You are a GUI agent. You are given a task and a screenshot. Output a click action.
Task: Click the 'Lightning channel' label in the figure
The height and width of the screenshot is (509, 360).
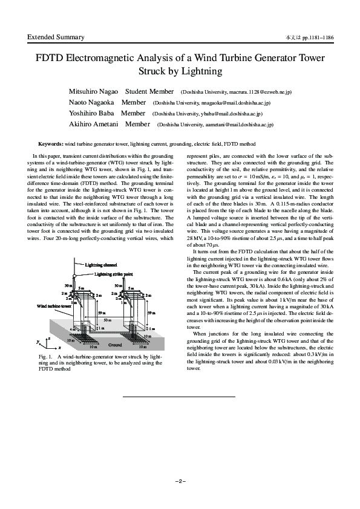101,265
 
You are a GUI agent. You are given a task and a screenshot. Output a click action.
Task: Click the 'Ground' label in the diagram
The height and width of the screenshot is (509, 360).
114,345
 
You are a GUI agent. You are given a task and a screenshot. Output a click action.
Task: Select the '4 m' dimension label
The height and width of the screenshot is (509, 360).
72,329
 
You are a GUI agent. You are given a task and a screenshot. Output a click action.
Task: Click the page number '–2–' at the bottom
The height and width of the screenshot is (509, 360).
180,481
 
